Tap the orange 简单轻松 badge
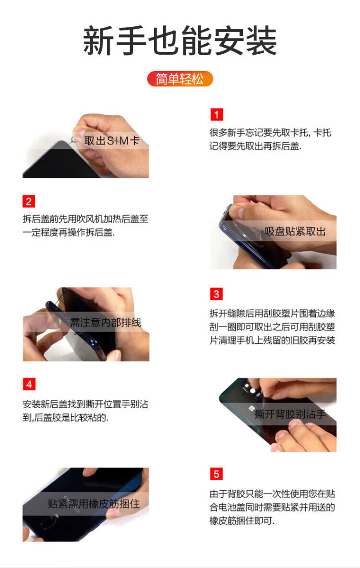pyautogui.click(x=180, y=79)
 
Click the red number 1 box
pyautogui.click(x=216, y=114)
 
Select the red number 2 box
pyautogui.click(x=29, y=201)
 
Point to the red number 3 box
pyautogui.click(x=216, y=294)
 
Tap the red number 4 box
pyautogui.click(x=29, y=384)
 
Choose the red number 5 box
pyautogui.click(x=216, y=474)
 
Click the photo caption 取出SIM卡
pyautogui.click(x=111, y=141)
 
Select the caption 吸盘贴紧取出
pyautogui.click(x=295, y=231)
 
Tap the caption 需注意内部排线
pyautogui.click(x=106, y=322)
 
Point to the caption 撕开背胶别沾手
pyautogui.click(x=290, y=414)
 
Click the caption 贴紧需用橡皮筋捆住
pyautogui.click(x=94, y=504)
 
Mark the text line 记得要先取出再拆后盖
pyautogui.click(x=255, y=146)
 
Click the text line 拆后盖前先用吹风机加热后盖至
pyautogui.click(x=85, y=219)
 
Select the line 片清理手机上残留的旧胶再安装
pyautogui.click(x=272, y=340)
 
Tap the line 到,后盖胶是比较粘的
pyautogui.click(x=65, y=417)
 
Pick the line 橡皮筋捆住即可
pyautogui.click(x=242, y=520)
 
